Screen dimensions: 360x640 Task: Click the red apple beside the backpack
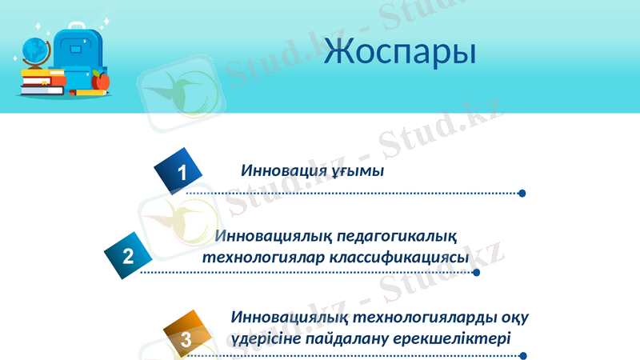(x=101, y=81)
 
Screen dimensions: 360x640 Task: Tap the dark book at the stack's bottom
(x=42, y=90)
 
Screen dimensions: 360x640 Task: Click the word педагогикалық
(x=396, y=238)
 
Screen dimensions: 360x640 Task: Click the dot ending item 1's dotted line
(x=522, y=193)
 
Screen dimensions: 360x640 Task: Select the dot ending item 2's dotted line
(x=477, y=272)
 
